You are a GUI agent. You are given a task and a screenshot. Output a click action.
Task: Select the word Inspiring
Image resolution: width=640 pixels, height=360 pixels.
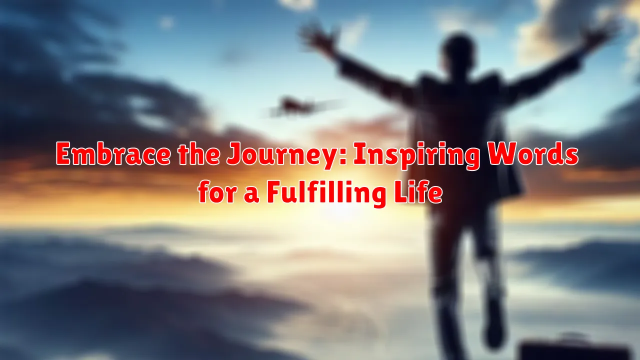[x=405, y=155]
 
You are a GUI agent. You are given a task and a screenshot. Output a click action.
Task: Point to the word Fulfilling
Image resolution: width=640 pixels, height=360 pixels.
[x=325, y=193]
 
